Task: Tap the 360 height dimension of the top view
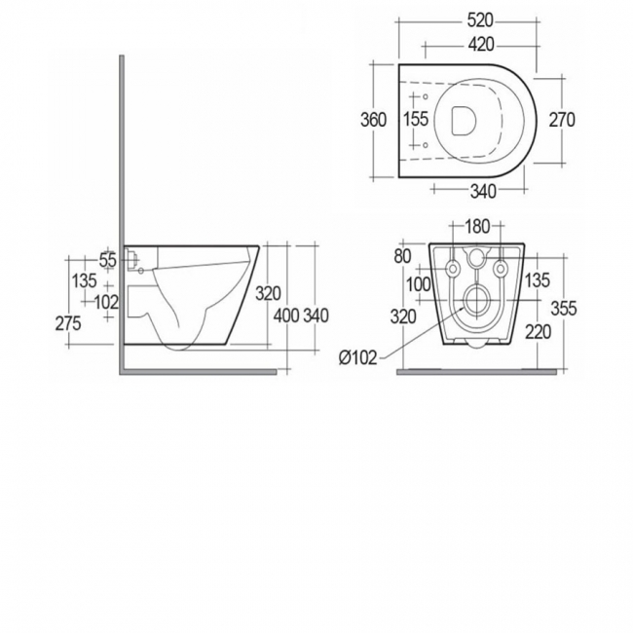(374, 120)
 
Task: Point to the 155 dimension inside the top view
(415, 120)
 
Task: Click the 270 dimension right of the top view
(562, 120)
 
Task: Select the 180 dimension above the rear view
(477, 227)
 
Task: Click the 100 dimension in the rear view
(419, 283)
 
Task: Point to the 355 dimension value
(563, 309)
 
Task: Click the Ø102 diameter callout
(357, 357)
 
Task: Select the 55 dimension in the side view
(108, 260)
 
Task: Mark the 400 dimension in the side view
(285, 316)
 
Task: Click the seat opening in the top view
(465, 120)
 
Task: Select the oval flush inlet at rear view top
(476, 259)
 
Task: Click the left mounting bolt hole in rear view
(453, 269)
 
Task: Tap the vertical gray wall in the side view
(120, 214)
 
